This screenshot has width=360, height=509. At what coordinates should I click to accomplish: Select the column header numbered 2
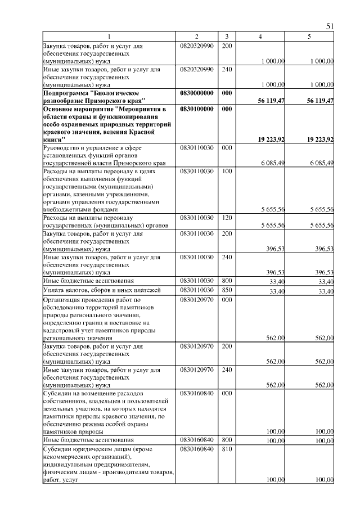pos(197,37)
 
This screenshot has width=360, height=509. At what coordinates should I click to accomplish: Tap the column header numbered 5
pos(309,37)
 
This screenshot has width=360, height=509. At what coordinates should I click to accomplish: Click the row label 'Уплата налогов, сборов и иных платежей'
pos(102,290)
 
